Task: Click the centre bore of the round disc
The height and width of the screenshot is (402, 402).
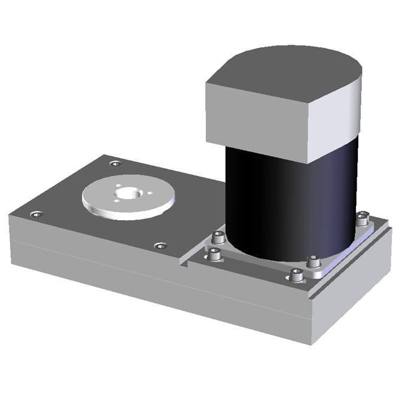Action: click(x=127, y=193)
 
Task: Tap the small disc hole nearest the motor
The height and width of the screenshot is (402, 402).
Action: click(x=150, y=193)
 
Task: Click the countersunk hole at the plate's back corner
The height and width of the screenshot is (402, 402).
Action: click(x=115, y=163)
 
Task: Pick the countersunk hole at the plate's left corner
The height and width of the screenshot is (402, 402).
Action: click(x=36, y=214)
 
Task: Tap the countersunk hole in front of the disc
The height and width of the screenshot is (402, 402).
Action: click(x=160, y=245)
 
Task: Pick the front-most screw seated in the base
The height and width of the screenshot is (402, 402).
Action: click(x=297, y=275)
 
